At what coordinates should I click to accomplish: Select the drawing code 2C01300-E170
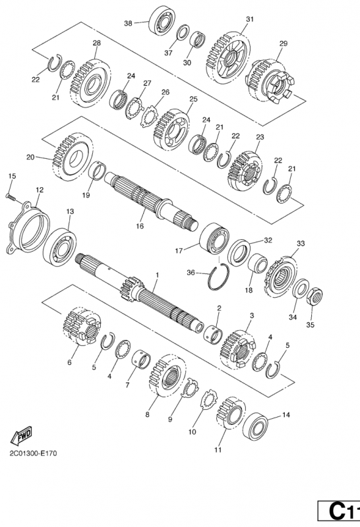(34, 453)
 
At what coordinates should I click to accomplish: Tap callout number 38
(128, 23)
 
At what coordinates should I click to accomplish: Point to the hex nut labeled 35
(315, 296)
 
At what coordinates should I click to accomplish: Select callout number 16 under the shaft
(140, 226)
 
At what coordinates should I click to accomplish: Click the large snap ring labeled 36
(218, 277)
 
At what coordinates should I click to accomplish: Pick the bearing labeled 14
(255, 426)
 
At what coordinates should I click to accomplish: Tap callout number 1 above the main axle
(157, 275)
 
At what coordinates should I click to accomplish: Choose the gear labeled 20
(72, 157)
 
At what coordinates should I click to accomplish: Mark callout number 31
(249, 19)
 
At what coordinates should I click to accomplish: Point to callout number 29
(284, 43)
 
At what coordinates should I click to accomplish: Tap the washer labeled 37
(183, 32)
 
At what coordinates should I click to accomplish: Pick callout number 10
(192, 432)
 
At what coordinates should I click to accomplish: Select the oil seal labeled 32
(239, 253)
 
